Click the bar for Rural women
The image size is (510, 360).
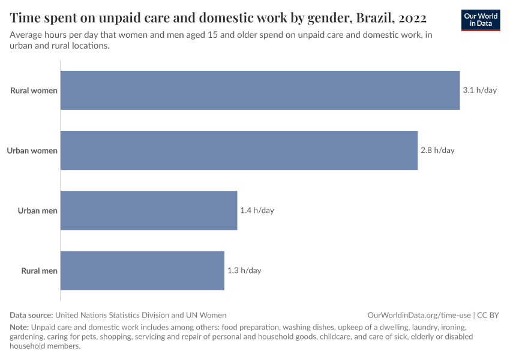click(x=260, y=91)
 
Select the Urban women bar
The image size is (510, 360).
click(x=239, y=151)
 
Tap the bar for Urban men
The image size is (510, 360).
click(x=149, y=211)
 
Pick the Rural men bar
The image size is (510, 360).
click(x=142, y=271)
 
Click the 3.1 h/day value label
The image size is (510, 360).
click(x=479, y=91)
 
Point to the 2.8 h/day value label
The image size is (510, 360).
click(x=437, y=151)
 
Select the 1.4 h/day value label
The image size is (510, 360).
click(x=257, y=211)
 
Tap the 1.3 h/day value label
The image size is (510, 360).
click(x=244, y=271)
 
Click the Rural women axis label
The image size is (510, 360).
click(x=34, y=91)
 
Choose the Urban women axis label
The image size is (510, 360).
click(x=32, y=151)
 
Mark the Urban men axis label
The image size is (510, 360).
click(x=37, y=211)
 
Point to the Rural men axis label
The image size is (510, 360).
click(x=39, y=271)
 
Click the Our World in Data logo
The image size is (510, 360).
click(x=480, y=20)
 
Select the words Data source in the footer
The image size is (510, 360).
click(x=31, y=314)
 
